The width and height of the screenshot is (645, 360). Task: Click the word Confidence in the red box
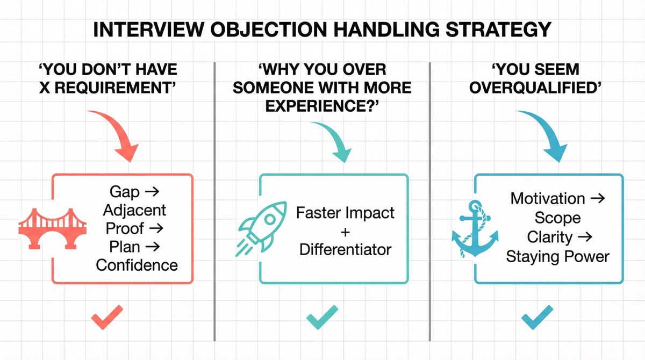tap(137, 265)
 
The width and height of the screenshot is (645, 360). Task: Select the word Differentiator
tap(345, 249)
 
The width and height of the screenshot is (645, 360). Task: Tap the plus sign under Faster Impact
tap(345, 231)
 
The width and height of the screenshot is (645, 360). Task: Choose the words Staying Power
tap(557, 256)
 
